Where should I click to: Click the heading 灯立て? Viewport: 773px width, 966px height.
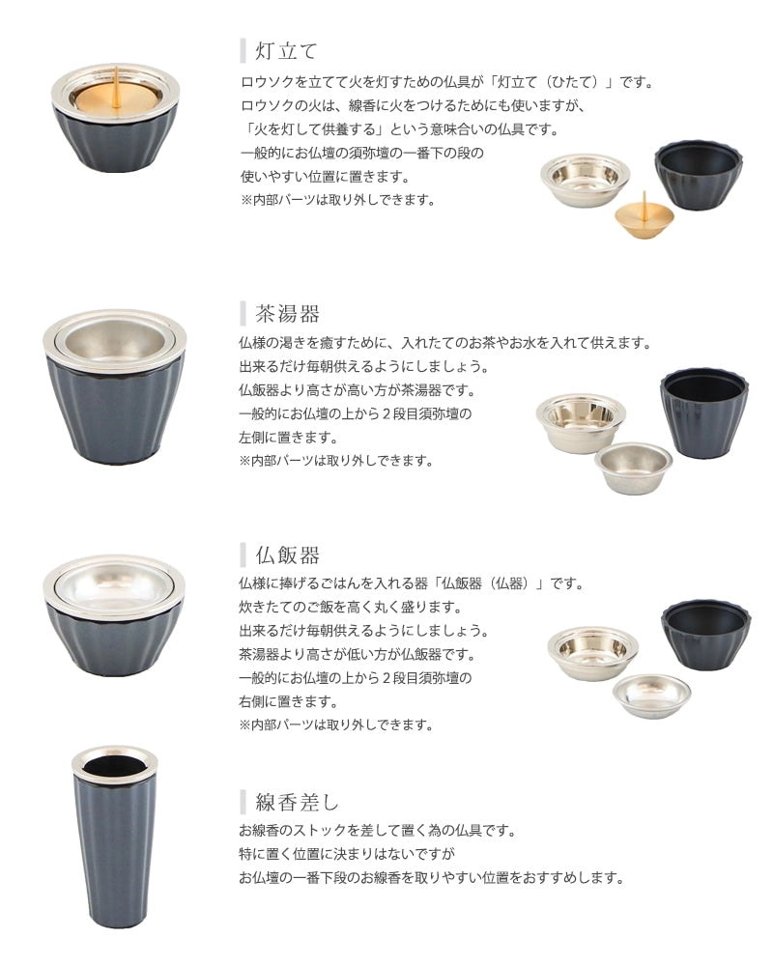pyautogui.click(x=286, y=50)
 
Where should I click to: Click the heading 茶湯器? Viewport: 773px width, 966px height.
pyautogui.click(x=287, y=314)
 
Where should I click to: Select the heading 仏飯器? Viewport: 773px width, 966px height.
pyautogui.click(x=287, y=555)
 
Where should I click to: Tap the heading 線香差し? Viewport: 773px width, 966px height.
pyautogui.click(x=297, y=802)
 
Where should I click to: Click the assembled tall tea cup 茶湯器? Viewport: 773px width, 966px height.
pyautogui.click(x=115, y=386)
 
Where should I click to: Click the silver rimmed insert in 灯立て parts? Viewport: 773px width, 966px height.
pyautogui.click(x=585, y=180)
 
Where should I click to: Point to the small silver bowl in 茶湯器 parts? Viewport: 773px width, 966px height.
pyautogui.click(x=633, y=468)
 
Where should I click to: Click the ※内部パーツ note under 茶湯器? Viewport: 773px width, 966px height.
pyautogui.click(x=336, y=461)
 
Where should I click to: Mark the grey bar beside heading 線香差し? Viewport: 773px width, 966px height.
pyautogui.click(x=243, y=802)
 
